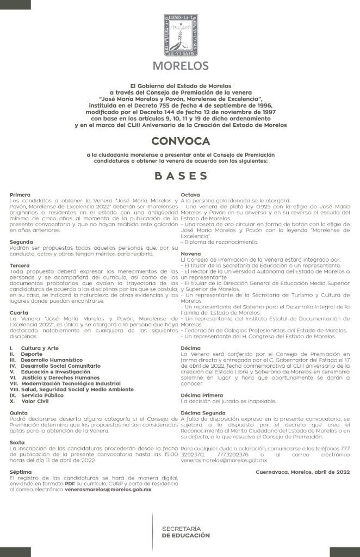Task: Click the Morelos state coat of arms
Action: coord(180,35)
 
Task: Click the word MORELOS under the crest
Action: coord(180,66)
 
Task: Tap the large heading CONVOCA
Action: coord(180,141)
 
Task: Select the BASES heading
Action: coord(180,176)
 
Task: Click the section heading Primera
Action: coord(20,194)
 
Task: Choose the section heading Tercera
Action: coord(21,265)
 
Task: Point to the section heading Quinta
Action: coord(19,413)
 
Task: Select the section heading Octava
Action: coord(191,194)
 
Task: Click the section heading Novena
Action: coord(191,253)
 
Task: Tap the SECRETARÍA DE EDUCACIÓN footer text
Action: coord(185,532)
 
